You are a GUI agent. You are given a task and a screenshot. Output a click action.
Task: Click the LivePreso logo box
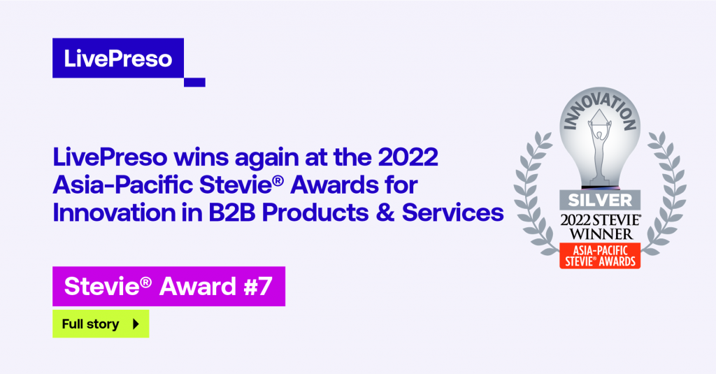(118, 58)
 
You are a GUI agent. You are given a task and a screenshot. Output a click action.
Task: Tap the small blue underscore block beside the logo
(194, 82)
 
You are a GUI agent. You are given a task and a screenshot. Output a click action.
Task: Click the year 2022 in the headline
(408, 157)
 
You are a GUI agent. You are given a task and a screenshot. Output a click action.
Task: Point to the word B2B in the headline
(231, 213)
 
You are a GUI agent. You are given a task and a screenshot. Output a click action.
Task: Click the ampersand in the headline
(385, 213)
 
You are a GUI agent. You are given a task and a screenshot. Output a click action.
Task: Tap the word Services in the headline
(452, 213)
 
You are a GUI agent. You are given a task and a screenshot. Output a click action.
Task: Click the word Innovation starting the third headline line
(114, 213)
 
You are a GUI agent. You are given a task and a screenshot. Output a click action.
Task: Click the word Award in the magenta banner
(198, 287)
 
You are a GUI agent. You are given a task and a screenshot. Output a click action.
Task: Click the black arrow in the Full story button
(136, 324)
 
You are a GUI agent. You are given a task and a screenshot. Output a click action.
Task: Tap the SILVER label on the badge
(600, 200)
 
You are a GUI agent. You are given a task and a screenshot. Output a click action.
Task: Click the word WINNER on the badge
(601, 234)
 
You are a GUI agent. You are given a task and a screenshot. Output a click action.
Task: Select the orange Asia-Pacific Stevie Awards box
(600, 256)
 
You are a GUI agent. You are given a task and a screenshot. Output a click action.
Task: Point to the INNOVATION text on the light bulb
(600, 111)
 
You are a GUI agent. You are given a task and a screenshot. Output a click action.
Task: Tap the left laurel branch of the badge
(534, 192)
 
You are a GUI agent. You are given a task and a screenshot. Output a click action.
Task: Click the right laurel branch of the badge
(666, 192)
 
